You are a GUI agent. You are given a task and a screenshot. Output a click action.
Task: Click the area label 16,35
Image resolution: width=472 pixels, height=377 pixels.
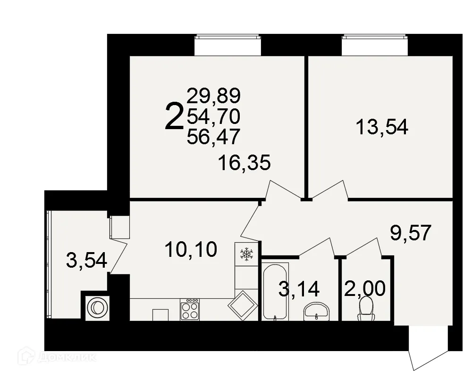click(x=244, y=163)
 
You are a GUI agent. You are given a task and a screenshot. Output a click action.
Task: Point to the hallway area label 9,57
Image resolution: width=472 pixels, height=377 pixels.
click(x=411, y=232)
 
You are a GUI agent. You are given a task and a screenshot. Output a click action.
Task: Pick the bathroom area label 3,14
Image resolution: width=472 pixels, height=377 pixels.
click(x=299, y=288)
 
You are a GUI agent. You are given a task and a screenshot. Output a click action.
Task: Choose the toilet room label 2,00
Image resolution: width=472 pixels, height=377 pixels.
click(x=365, y=288)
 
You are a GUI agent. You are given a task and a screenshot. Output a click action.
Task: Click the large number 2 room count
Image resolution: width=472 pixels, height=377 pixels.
click(x=174, y=117)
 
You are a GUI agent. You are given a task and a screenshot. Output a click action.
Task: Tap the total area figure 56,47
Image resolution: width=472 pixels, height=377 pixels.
click(x=214, y=137)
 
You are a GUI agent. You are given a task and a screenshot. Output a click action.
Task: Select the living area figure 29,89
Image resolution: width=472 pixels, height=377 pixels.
click(x=214, y=96)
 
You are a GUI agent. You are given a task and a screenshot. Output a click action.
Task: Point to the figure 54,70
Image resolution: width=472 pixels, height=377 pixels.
click(x=214, y=116)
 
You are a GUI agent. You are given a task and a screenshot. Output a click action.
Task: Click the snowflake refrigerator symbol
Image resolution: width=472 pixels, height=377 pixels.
click(x=246, y=254)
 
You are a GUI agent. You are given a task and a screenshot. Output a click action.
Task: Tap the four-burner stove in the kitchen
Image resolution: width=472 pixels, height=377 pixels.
click(x=190, y=310)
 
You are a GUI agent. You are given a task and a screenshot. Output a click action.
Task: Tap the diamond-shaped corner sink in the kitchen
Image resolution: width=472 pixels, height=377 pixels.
click(x=243, y=306)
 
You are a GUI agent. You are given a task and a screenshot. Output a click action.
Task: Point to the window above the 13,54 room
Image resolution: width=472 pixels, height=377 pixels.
click(x=374, y=45)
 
